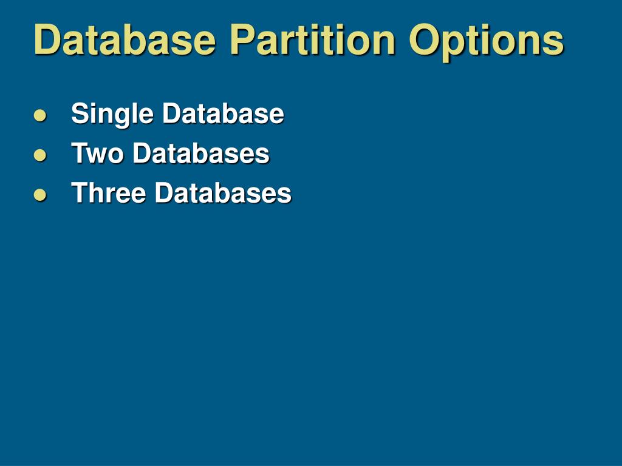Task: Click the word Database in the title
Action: coord(125,40)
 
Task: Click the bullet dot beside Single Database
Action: coord(40,115)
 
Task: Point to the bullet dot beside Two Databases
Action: coord(40,155)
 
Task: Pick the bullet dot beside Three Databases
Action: coord(40,194)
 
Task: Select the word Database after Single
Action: coord(223,113)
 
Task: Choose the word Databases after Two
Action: coord(201,154)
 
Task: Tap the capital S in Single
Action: coord(78,113)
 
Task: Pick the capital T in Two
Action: coord(79,154)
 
